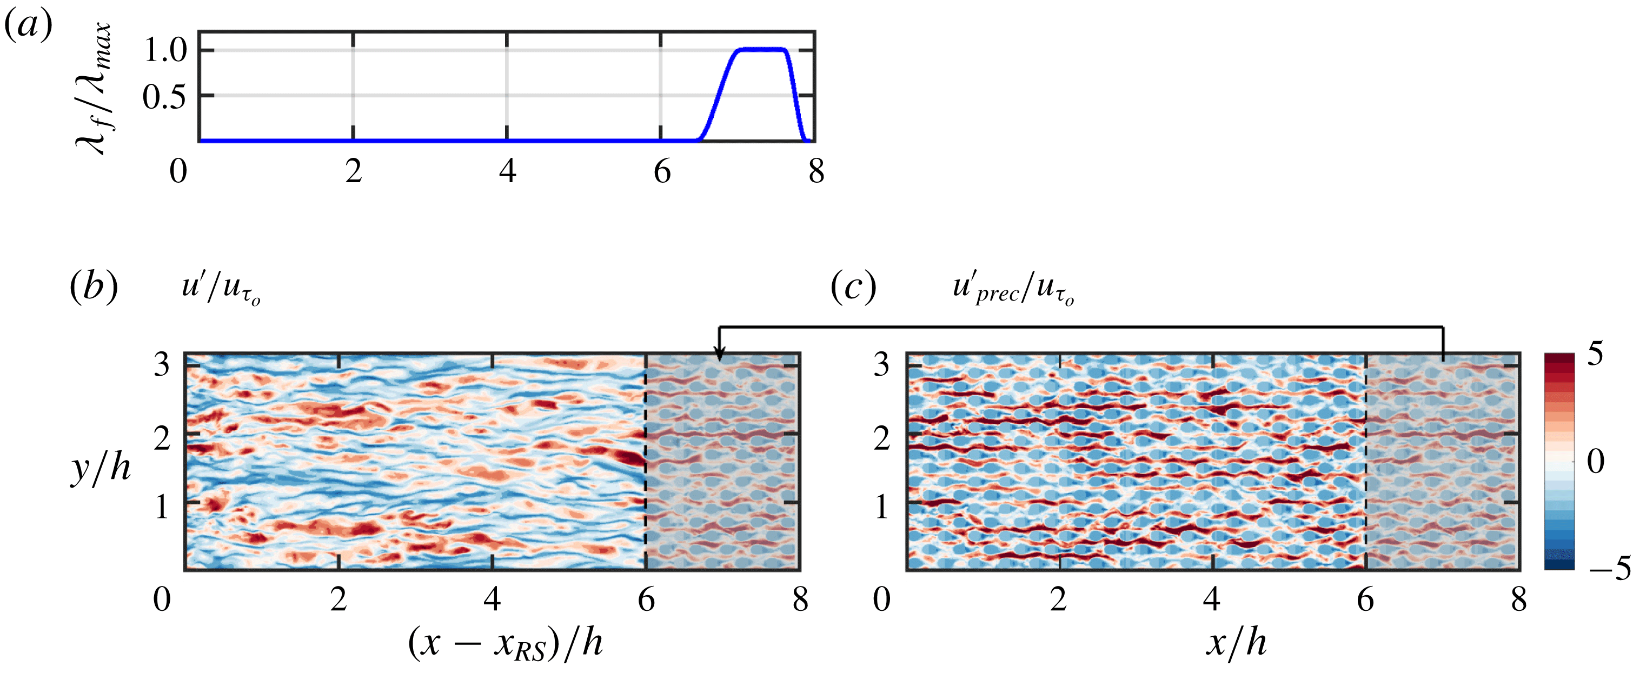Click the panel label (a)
point(28,26)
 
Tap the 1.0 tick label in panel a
point(166,50)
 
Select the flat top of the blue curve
point(761,49)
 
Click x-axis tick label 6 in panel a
point(662,171)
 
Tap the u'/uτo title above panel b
point(221,288)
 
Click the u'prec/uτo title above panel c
point(1013,288)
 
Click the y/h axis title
point(102,469)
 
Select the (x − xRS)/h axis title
point(505,644)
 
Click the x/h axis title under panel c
point(1236,644)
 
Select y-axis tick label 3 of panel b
point(162,365)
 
